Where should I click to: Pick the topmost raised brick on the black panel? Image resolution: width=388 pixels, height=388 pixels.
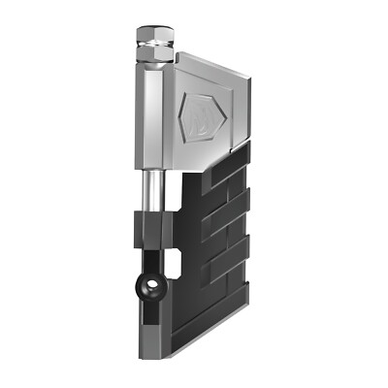[230, 161]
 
